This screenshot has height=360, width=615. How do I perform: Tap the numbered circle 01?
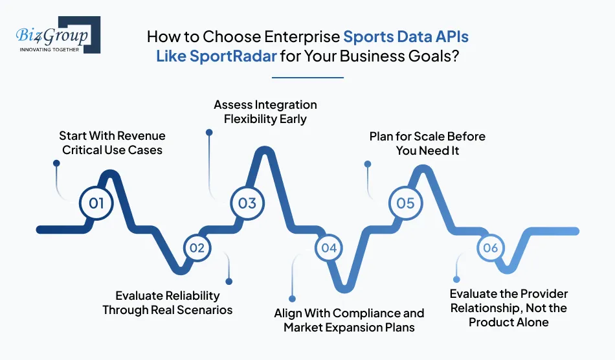(96, 203)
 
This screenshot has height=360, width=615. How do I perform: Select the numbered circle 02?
(197, 247)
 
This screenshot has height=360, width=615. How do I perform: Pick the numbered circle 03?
(247, 203)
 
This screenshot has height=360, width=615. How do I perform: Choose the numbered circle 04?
(329, 247)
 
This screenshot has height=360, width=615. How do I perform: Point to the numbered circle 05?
(405, 203)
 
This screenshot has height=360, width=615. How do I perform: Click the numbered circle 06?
(490, 247)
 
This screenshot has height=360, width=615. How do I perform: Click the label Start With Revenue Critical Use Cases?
(112, 142)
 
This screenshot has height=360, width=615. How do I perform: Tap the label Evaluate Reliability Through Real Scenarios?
(167, 302)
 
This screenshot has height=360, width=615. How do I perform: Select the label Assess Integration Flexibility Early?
(265, 111)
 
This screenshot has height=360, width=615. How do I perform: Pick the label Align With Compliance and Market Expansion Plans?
(349, 320)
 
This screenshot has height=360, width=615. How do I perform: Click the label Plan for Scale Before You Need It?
(427, 142)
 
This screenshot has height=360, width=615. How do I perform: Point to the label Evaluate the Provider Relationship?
(508, 308)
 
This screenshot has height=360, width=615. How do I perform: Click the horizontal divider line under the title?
(307, 78)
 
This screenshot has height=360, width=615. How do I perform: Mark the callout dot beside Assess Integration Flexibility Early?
(209, 132)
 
